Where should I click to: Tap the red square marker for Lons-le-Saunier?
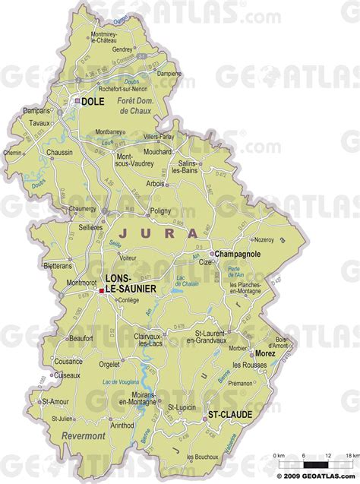100,289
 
